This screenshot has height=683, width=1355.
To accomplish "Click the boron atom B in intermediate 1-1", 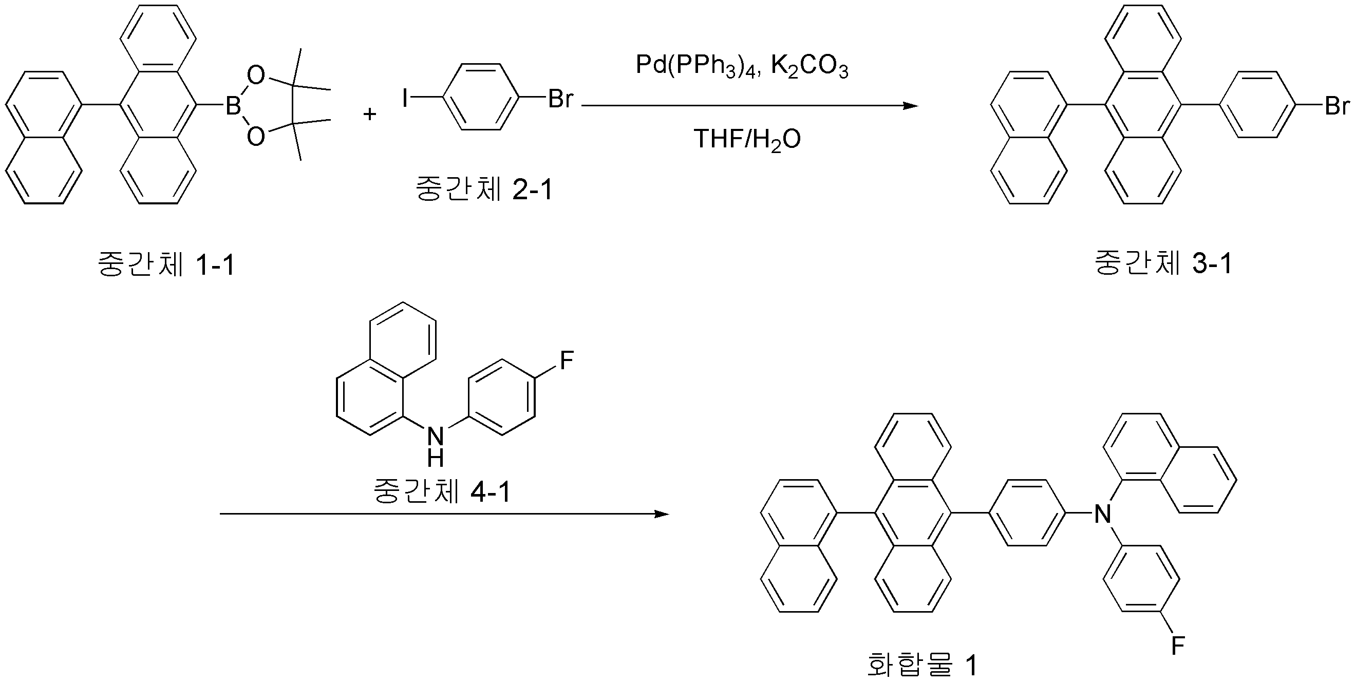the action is [233, 107].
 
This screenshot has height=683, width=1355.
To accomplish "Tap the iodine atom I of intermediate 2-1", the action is [405, 98].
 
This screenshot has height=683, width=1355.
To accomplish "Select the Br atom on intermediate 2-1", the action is [560, 98].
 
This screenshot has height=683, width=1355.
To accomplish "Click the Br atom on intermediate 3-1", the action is [1337, 106].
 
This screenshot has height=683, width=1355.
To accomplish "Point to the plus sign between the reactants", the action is [370, 113].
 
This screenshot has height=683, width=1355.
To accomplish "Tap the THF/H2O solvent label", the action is [747, 140].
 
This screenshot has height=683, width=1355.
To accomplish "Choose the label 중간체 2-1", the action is [484, 189].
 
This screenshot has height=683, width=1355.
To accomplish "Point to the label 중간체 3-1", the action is [1163, 263].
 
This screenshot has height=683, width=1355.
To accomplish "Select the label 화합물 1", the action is [921, 665].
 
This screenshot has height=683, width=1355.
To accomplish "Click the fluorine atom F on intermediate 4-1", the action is [566, 361].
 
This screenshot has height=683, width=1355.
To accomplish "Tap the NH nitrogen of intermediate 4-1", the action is [436, 436].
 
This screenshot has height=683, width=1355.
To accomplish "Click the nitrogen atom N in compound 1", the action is [1102, 513].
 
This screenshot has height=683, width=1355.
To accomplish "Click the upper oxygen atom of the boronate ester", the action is [256, 75].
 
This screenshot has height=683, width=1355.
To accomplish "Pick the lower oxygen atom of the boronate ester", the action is [256, 137].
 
